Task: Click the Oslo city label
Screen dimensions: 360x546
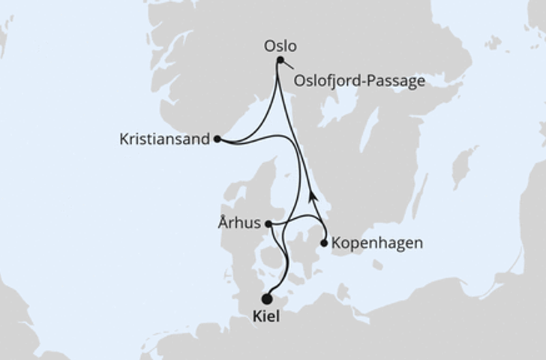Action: [280, 46]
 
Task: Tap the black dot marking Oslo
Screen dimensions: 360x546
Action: [280, 60]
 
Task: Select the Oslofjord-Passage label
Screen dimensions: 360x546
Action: [360, 80]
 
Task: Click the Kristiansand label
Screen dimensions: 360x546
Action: [164, 139]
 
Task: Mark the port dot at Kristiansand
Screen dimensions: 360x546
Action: [217, 139]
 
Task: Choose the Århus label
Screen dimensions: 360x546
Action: [240, 223]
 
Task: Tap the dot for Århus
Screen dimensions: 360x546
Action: [268, 223]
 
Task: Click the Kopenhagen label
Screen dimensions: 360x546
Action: [376, 244]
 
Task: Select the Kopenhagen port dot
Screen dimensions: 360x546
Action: [323, 243]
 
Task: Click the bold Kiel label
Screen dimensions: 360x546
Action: [265, 316]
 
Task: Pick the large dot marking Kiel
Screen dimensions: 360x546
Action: [266, 298]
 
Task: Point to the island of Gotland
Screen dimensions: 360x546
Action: [464, 166]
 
